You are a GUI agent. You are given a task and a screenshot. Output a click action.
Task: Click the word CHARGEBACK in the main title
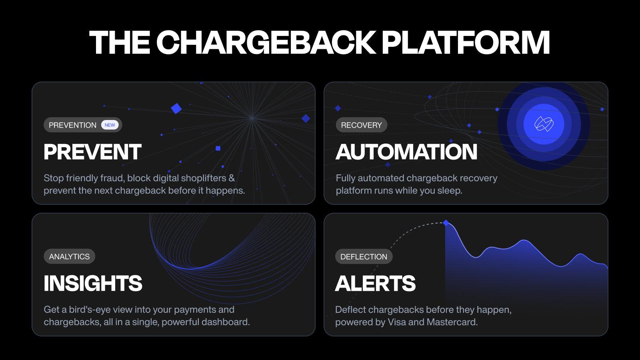[266, 42]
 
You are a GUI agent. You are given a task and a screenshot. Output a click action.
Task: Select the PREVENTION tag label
[72, 125]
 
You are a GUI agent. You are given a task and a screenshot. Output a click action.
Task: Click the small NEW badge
[110, 125]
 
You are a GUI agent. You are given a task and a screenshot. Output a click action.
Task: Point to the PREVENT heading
[92, 152]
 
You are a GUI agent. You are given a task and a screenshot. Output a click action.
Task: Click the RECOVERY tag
[361, 125]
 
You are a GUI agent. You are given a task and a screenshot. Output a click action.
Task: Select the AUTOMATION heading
[406, 152]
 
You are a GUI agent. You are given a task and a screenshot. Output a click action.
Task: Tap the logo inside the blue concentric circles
[544, 124]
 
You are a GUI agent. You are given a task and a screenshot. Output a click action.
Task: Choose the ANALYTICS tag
[69, 257]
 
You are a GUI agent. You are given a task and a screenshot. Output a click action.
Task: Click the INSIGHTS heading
[93, 283]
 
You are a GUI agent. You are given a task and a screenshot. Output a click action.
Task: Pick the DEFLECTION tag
[364, 257]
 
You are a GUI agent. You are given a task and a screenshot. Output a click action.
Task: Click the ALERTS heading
[375, 283]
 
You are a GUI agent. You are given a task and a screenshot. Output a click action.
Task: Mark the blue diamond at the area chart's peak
[446, 223]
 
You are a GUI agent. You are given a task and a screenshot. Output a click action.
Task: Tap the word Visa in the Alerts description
[397, 322]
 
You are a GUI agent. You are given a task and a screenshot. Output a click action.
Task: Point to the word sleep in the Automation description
[450, 190]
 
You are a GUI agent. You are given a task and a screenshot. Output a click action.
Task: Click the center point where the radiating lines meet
[252, 118]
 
